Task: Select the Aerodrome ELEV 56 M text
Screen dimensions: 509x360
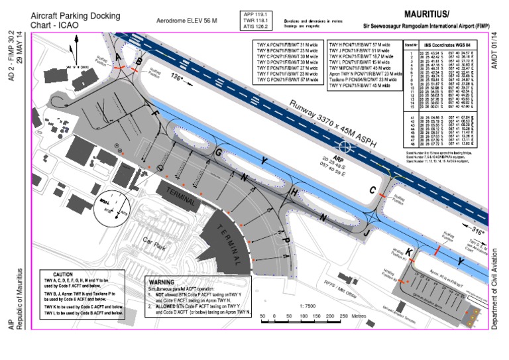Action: click(186, 21)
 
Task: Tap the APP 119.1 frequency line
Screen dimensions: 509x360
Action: click(257, 13)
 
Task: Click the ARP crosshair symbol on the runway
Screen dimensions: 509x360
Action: click(346, 145)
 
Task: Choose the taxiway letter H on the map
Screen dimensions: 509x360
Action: click(296, 194)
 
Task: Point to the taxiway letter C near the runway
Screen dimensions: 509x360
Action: click(373, 190)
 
